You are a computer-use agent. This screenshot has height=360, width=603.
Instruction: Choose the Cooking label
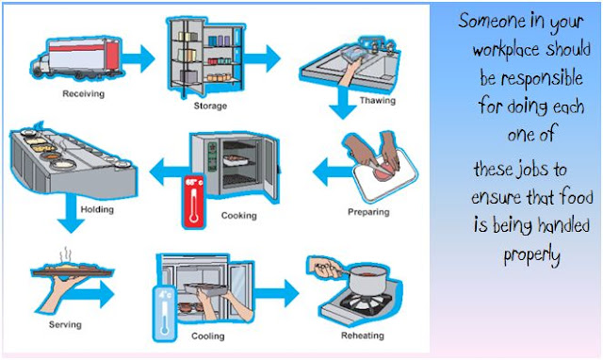(x=238, y=216)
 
